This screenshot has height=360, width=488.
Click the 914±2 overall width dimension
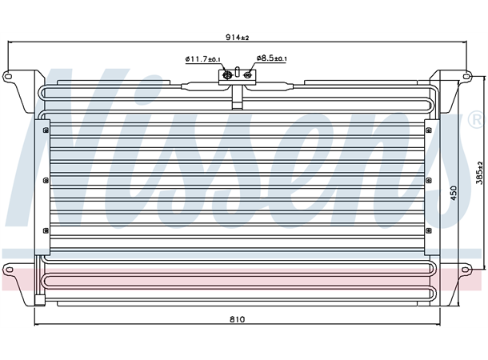point(238,38)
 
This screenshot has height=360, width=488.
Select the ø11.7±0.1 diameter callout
point(203,59)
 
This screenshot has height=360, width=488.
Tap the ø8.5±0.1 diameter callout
point(272,59)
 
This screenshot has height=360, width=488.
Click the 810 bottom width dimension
point(238,320)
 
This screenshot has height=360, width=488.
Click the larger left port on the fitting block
point(227,76)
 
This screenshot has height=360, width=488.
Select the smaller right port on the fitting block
point(248,76)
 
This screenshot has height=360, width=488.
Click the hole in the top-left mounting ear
point(9,77)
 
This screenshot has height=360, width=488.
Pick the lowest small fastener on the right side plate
point(428,230)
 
